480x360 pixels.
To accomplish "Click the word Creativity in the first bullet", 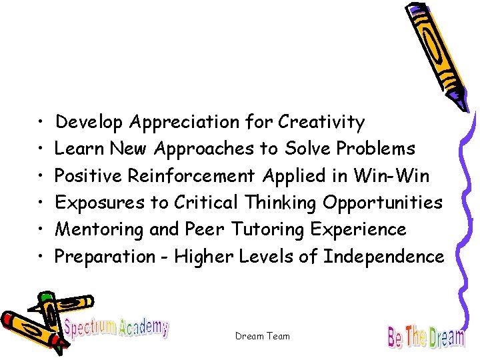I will tap(321, 123).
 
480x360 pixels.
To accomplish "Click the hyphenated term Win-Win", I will tap(391, 176).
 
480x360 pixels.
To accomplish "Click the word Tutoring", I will tap(267, 229).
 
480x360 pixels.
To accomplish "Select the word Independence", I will tap(383, 256).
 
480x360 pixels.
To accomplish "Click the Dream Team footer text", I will tap(263, 336).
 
